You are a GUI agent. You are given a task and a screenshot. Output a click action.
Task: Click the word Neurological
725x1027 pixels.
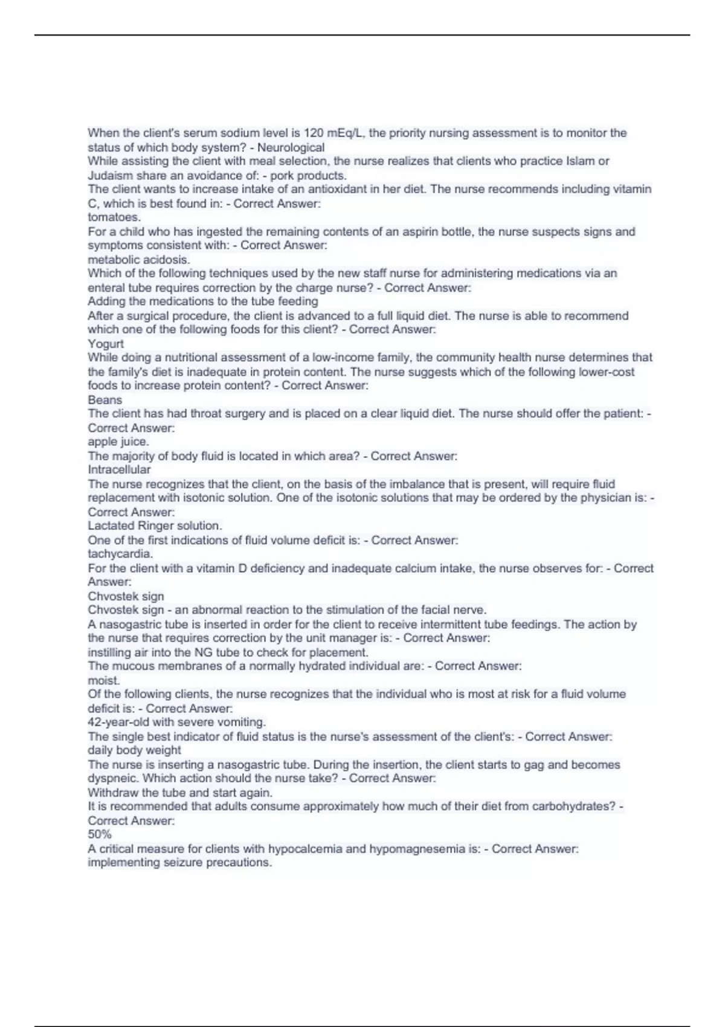[x=291, y=147]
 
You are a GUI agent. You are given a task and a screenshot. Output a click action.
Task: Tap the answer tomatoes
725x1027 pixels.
[x=114, y=217]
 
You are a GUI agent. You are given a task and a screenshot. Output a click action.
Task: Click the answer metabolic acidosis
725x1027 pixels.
[x=139, y=260]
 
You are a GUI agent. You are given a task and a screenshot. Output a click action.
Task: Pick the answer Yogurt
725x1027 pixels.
[x=106, y=344]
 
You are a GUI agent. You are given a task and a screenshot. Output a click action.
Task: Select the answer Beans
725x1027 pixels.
[x=105, y=400]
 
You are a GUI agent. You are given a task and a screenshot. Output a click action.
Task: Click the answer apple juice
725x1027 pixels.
[x=118, y=442]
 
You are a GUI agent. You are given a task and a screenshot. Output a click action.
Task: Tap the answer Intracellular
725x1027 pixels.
[x=119, y=469]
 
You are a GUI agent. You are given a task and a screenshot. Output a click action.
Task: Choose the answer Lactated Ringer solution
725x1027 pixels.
[x=155, y=526]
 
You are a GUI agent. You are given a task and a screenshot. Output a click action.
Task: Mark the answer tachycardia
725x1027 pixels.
[x=120, y=553]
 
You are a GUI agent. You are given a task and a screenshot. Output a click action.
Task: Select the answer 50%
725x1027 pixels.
[x=100, y=834]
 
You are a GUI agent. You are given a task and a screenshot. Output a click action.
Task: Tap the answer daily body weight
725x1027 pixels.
[x=134, y=750]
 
